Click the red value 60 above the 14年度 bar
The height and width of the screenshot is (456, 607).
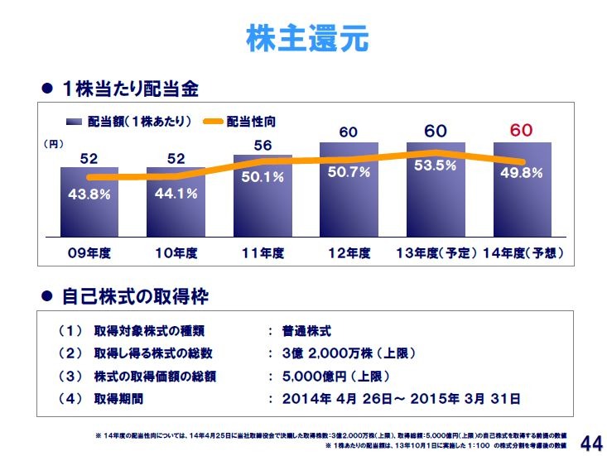pos(522,131)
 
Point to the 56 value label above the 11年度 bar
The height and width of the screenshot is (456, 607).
pos(263,145)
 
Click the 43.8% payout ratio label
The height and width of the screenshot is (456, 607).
pos(89,194)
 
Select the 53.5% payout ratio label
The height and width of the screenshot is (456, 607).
pos(436,166)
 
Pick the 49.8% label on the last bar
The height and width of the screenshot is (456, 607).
pos(522,174)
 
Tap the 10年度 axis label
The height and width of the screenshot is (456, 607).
pos(176,253)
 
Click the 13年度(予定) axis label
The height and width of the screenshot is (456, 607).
pos(436,253)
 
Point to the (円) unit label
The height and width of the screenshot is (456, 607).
pos(53,143)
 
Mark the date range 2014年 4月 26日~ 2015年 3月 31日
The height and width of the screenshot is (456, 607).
pos(402,398)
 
